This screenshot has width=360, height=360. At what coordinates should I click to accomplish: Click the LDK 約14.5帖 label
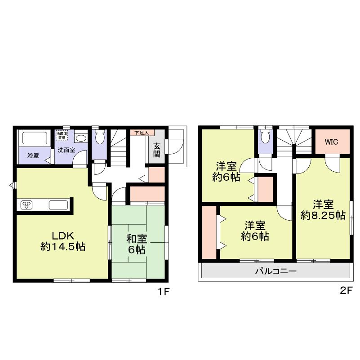[63, 241]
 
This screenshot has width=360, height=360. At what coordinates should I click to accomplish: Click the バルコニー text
[276, 271]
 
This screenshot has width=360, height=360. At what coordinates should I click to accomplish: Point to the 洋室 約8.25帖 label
[323, 210]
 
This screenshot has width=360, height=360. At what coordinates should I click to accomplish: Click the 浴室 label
[33, 156]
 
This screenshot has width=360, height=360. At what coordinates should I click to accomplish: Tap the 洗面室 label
[66, 151]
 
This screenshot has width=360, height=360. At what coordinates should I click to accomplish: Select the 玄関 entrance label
[157, 150]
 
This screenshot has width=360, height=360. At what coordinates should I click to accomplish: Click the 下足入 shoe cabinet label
[142, 133]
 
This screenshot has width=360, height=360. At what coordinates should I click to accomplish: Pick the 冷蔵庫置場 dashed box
[62, 136]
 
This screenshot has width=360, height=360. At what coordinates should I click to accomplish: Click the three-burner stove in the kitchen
[27, 205]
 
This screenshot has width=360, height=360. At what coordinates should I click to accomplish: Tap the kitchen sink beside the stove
[58, 205]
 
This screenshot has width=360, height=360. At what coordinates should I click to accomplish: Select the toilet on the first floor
[100, 136]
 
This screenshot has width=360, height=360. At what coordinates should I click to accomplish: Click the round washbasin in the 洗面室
[81, 138]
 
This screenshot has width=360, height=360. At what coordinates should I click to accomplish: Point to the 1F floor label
[162, 291]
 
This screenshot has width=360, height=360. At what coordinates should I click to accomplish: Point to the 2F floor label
[346, 291]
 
